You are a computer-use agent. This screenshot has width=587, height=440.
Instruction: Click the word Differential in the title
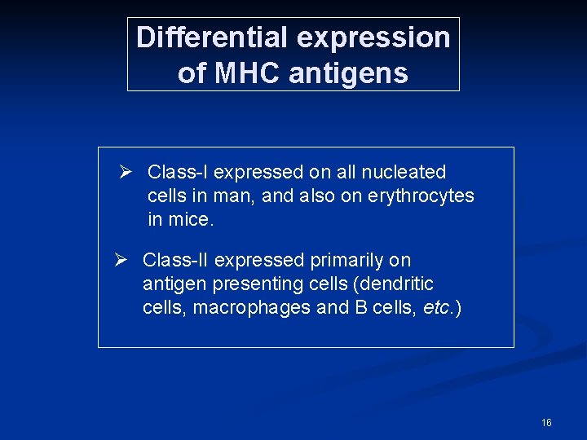coord(212,37)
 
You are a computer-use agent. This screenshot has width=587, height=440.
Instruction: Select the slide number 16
coord(546,422)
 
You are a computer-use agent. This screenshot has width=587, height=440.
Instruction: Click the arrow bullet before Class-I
coord(126,172)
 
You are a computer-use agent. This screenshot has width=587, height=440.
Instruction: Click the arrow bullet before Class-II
coord(121,260)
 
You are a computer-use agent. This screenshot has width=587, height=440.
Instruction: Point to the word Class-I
coord(178,172)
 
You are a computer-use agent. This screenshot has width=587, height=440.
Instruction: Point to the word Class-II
coord(176,260)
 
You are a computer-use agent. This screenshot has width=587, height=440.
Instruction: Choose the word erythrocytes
coord(422,196)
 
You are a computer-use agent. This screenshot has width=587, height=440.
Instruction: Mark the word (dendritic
coord(395,284)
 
